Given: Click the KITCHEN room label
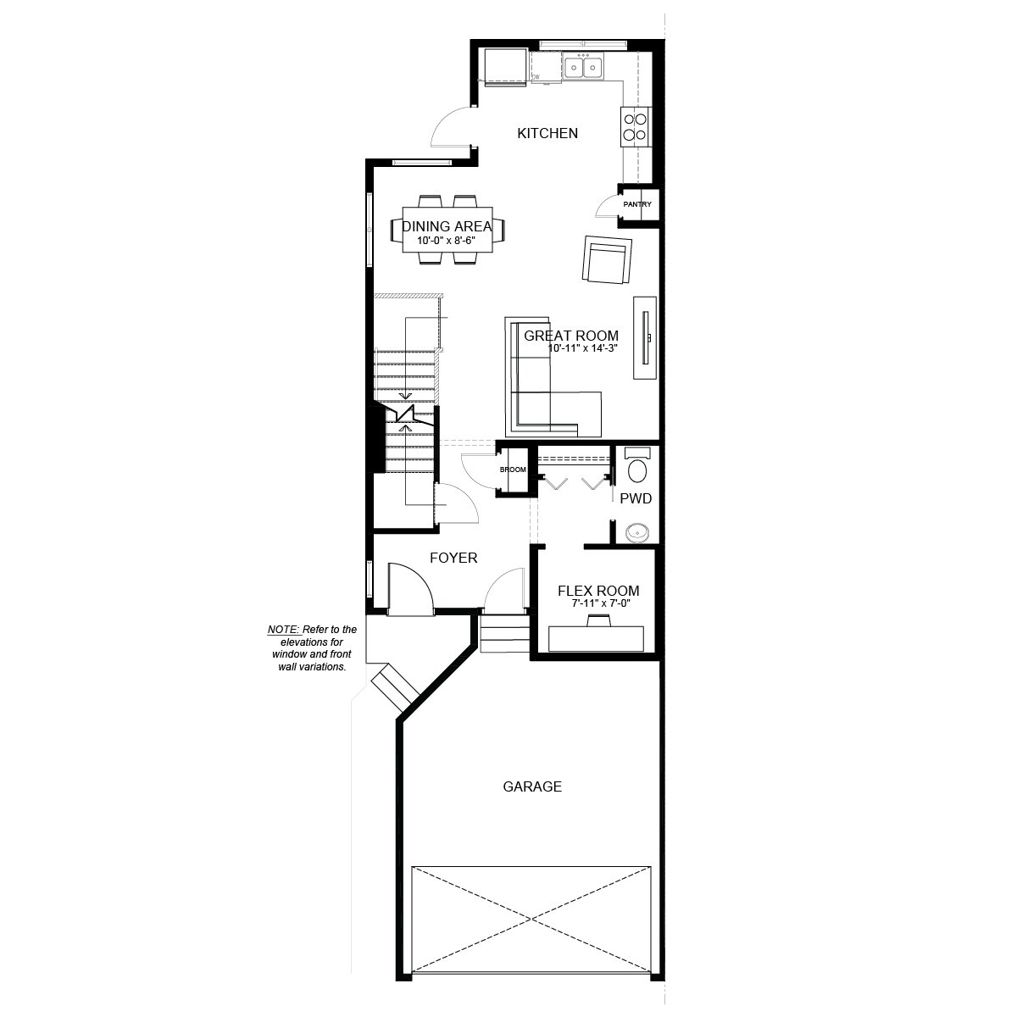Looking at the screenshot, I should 547,133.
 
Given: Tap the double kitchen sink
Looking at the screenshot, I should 583,66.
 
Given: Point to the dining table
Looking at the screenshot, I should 447,230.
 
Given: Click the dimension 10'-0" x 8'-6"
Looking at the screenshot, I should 447,241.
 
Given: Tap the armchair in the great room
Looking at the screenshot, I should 607,261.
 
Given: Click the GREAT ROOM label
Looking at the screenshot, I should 571,336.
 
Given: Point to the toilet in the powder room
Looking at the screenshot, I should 636,468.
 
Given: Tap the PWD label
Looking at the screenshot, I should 636,498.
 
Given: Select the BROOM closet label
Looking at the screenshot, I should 513,470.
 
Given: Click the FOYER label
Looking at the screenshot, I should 453,558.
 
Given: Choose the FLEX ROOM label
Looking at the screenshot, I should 597,591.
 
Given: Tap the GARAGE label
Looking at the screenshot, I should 532,786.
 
